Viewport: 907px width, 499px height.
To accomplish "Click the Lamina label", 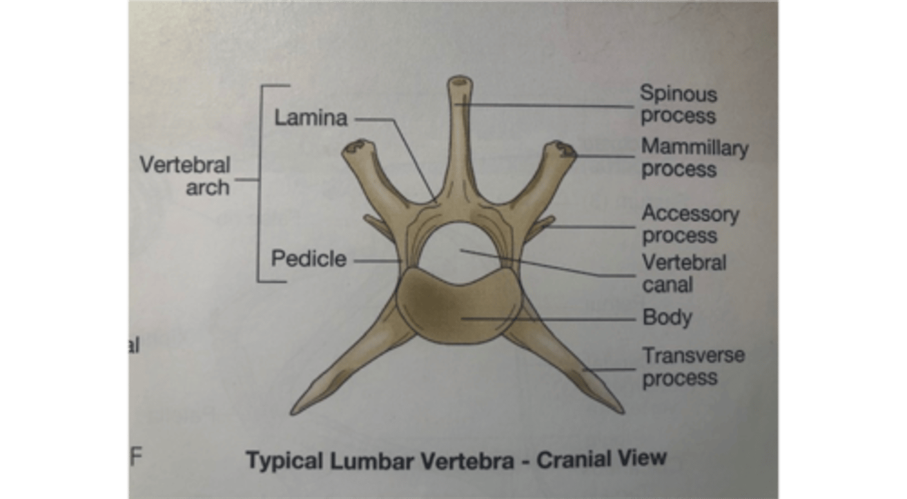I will point(311,117).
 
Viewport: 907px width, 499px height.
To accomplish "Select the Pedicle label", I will point(309,258).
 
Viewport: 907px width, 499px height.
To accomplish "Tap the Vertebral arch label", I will point(185,176).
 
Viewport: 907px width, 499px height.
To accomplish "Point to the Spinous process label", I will point(678,105).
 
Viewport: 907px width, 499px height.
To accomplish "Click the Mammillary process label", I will point(694,158).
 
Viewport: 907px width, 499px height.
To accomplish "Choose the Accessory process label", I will point(690,224).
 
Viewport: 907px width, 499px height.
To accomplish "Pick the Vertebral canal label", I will point(683,273).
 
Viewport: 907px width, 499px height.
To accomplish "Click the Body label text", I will point(666,318).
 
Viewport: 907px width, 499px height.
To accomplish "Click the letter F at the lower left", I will point(135,456).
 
